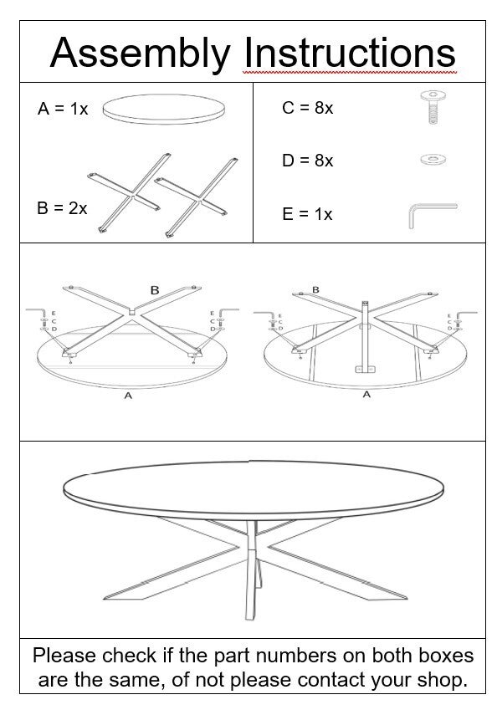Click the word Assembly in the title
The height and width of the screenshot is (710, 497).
pyautogui.click(x=140, y=54)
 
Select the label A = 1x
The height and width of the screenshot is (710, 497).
pyautogui.click(x=63, y=109)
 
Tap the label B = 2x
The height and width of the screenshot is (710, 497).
pyautogui.click(x=62, y=208)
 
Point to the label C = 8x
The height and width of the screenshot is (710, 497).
pyautogui.click(x=307, y=108)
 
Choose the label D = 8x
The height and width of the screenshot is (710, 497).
pyautogui.click(x=307, y=161)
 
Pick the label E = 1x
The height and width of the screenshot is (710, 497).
pyautogui.click(x=307, y=214)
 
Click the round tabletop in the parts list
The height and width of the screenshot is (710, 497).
pyautogui.click(x=163, y=109)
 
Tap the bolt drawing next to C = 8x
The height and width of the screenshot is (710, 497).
pyautogui.click(x=433, y=107)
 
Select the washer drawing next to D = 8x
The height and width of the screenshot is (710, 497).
pyautogui.click(x=433, y=160)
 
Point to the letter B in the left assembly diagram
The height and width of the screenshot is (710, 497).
pyautogui.click(x=155, y=290)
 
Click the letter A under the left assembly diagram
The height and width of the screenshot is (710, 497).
pyautogui.click(x=128, y=396)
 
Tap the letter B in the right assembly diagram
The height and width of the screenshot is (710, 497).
pyautogui.click(x=315, y=290)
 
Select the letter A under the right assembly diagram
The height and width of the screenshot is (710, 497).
pyautogui.click(x=366, y=395)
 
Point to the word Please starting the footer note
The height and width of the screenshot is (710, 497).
pyautogui.click(x=64, y=656)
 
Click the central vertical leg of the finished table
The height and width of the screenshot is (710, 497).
pyautogui.click(x=250, y=570)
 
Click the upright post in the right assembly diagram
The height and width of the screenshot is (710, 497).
pyautogui.click(x=365, y=335)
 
